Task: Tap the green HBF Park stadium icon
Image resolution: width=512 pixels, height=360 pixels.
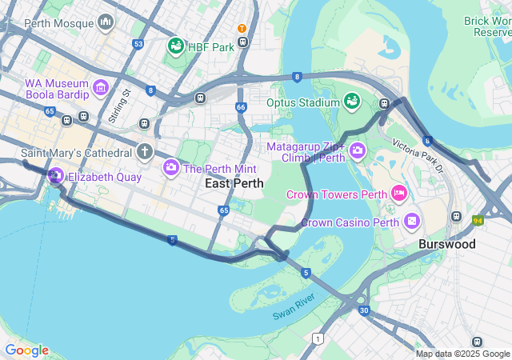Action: point(175,47)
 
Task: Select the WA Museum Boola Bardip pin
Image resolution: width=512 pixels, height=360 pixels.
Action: point(102,86)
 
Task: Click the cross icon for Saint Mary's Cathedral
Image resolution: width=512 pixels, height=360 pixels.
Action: point(144,151)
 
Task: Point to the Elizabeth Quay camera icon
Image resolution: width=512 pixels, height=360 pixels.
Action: point(56,176)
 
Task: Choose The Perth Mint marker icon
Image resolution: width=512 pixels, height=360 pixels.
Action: point(171,167)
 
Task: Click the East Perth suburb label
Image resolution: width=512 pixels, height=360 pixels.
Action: point(234,184)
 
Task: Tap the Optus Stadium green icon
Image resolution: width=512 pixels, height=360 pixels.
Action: point(351,101)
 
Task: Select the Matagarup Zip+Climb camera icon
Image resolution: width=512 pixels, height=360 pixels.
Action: point(357,150)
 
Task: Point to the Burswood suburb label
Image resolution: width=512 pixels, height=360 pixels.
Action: point(447,244)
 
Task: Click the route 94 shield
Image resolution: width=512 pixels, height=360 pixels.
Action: point(478,220)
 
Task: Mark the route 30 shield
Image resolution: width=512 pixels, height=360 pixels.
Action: point(364,310)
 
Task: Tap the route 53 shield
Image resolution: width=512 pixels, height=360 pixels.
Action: point(139,44)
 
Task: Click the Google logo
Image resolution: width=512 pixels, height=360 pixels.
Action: point(26,350)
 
